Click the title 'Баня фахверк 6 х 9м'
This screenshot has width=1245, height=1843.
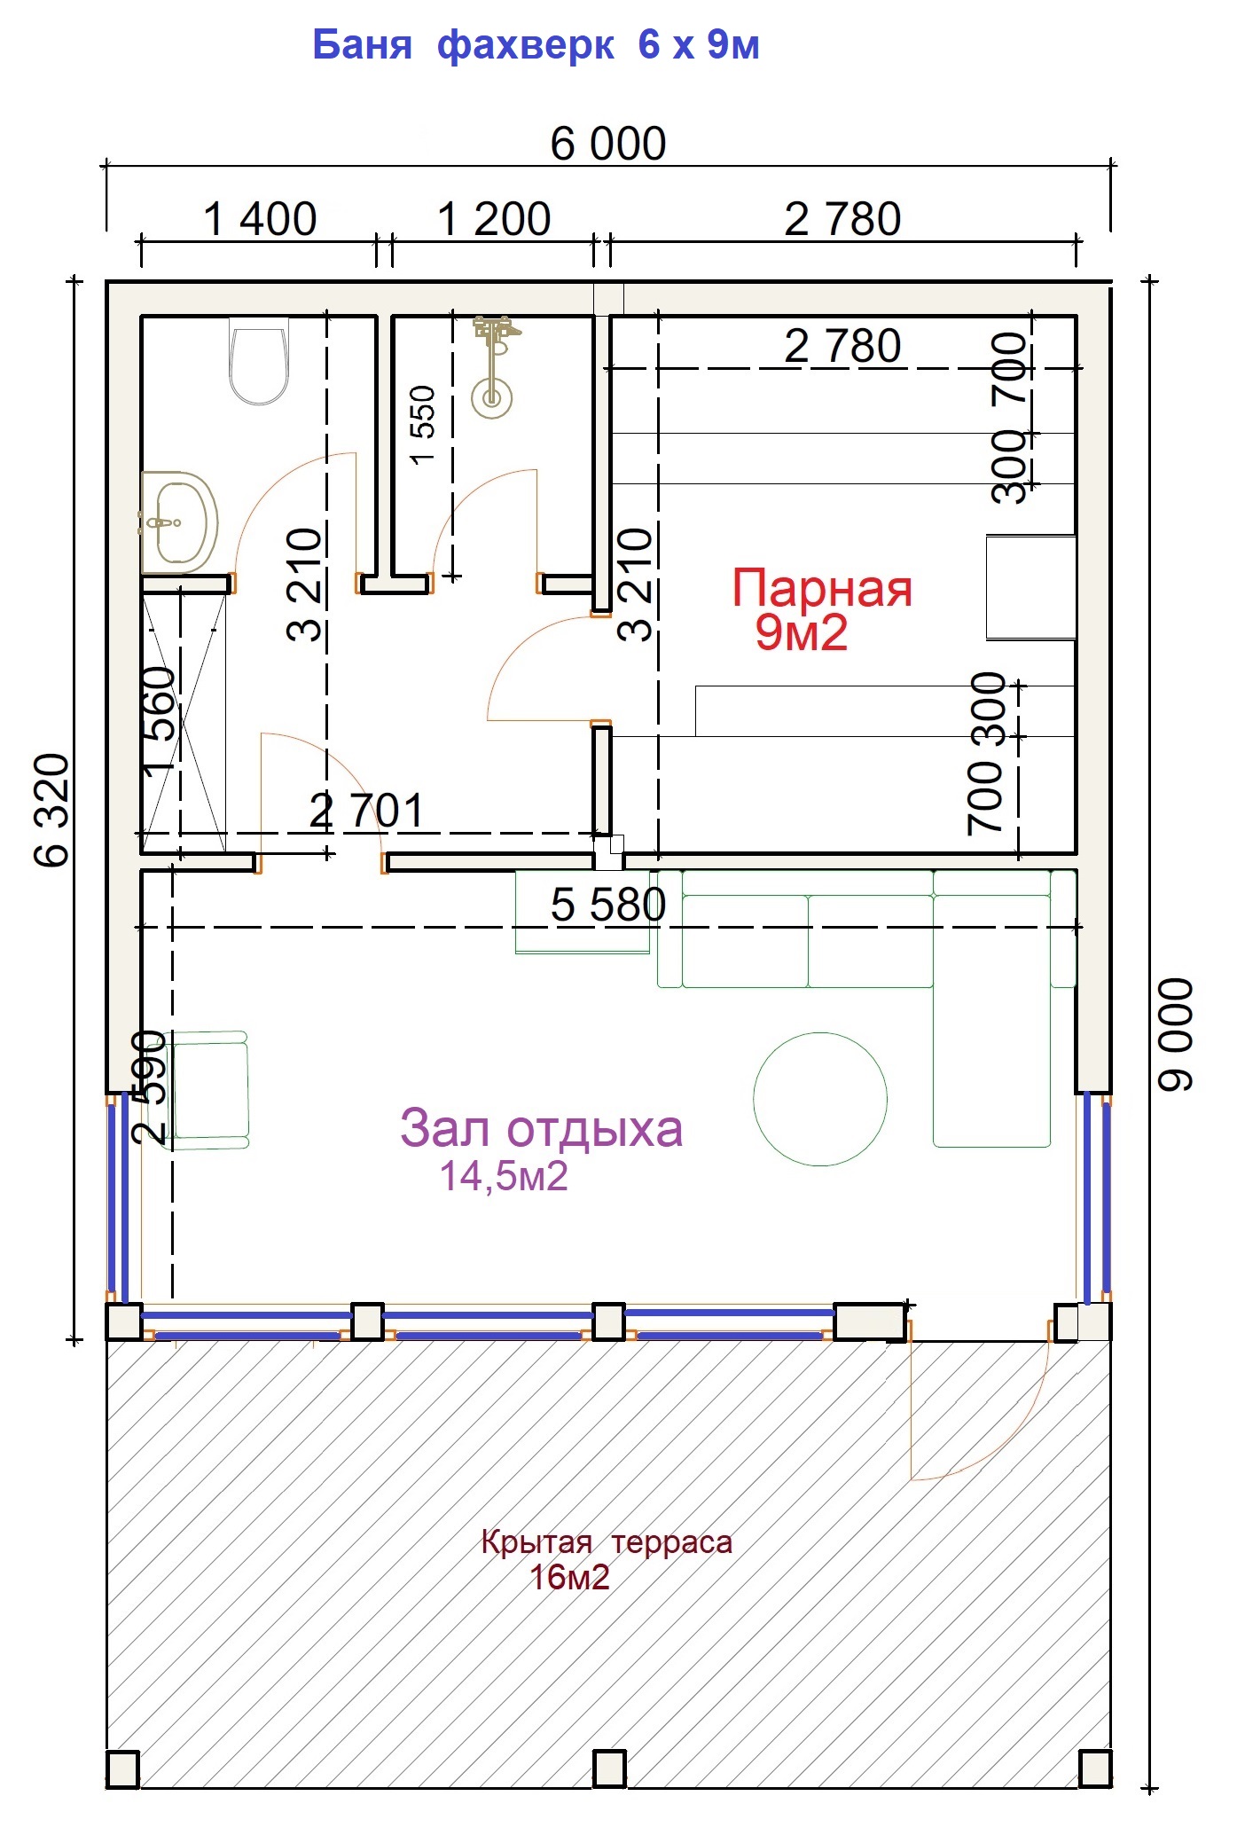point(536,44)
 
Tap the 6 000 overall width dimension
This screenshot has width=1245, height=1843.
point(608,144)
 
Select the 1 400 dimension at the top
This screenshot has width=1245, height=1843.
point(260,219)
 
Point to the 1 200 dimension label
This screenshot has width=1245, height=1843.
point(494,219)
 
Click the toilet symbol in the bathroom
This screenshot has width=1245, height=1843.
point(258,361)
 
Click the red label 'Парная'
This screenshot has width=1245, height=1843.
point(822,588)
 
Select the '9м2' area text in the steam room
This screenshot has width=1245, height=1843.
point(802,633)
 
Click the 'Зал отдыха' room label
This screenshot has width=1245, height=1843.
point(541,1129)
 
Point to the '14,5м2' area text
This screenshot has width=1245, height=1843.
point(504,1176)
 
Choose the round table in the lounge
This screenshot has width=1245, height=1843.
point(820,1099)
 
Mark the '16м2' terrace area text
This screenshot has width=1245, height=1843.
point(569,1578)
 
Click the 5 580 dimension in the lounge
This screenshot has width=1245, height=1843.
point(608,905)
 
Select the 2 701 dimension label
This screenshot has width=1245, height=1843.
point(366,811)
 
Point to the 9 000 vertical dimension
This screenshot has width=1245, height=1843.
point(1176,1034)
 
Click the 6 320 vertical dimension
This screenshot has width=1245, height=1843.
point(51,810)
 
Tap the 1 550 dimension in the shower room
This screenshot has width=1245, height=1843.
point(423,424)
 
